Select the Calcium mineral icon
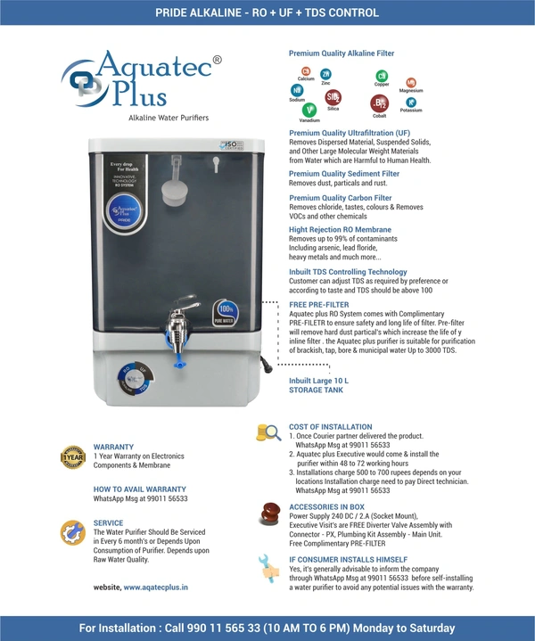(x=306, y=70)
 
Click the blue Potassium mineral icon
(x=411, y=103)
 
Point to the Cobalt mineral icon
(x=380, y=103)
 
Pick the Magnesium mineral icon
(x=411, y=82)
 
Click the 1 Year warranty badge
(x=72, y=457)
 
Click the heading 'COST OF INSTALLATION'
(x=330, y=427)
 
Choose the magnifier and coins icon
(x=267, y=432)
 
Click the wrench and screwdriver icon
(x=267, y=566)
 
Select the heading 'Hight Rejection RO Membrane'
(x=340, y=229)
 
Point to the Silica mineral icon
(x=333, y=96)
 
